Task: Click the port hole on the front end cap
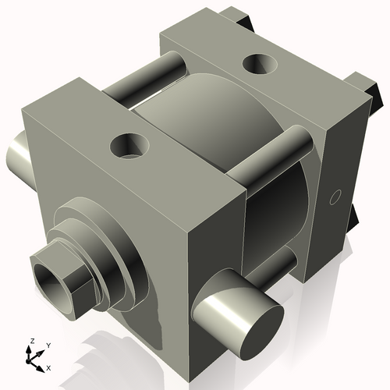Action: (x=129, y=146)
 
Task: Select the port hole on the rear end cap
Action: (x=260, y=64)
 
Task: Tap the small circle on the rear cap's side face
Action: (x=335, y=197)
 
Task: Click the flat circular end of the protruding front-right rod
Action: (x=262, y=332)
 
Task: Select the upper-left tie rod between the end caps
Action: (x=145, y=78)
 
